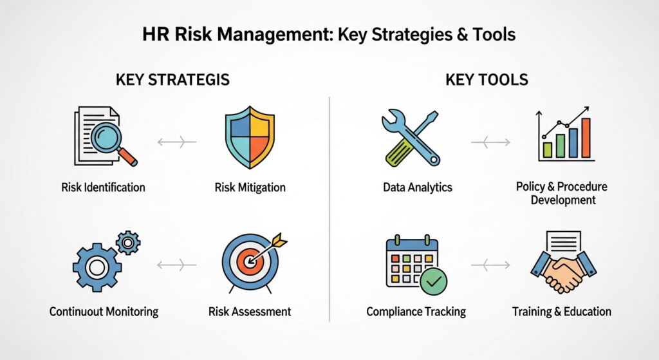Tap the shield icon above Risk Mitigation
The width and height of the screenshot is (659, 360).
(x=249, y=137)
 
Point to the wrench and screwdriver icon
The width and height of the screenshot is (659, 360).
(x=410, y=138)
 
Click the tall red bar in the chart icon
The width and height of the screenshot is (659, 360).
(x=586, y=137)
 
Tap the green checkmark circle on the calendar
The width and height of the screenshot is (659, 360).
(x=432, y=281)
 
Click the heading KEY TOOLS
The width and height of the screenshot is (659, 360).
(x=487, y=81)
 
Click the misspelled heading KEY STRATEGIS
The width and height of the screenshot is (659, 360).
(x=172, y=81)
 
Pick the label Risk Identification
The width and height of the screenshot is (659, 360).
(x=104, y=187)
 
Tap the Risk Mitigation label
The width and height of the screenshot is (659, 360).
(x=250, y=188)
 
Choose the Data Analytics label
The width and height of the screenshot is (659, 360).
(x=417, y=187)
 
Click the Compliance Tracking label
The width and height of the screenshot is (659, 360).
(x=416, y=312)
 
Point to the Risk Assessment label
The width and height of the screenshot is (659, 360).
(x=250, y=312)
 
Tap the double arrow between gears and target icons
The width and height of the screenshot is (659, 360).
(x=177, y=264)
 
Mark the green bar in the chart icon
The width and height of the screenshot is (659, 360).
(x=548, y=149)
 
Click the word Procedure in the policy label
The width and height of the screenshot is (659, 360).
(x=582, y=187)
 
